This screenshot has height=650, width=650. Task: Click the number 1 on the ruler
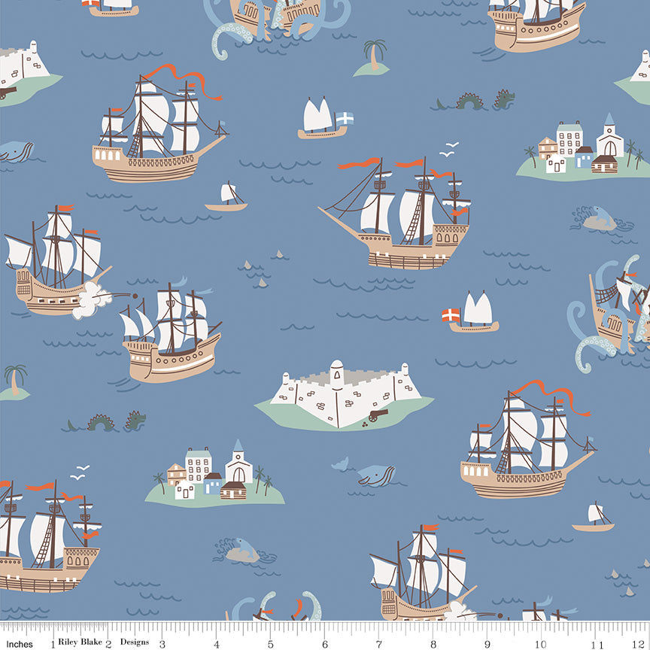(x=52, y=644)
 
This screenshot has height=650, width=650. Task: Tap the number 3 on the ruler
(x=162, y=644)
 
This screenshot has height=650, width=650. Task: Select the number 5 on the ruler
(x=271, y=644)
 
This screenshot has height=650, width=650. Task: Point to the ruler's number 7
(x=379, y=644)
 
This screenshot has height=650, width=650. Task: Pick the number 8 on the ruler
(x=433, y=644)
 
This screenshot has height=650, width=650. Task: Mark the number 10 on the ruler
(x=541, y=644)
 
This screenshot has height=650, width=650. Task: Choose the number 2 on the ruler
(x=108, y=644)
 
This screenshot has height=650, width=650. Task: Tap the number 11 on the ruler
(x=597, y=644)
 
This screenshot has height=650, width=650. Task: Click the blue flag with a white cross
(x=344, y=118)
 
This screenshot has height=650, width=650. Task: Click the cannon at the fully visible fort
(x=375, y=416)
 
